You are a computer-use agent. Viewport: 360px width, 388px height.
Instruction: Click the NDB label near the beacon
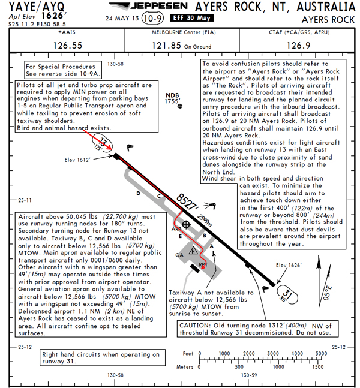pos(173,95)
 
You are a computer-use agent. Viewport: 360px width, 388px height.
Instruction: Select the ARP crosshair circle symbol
pos(186,225)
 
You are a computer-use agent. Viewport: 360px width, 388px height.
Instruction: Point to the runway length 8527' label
pos(188,203)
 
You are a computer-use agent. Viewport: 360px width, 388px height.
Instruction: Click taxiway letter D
pos(138,193)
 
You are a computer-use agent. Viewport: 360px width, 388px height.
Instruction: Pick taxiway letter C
pos(159,196)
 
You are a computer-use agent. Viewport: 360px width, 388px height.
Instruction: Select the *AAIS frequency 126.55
pos(68,45)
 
